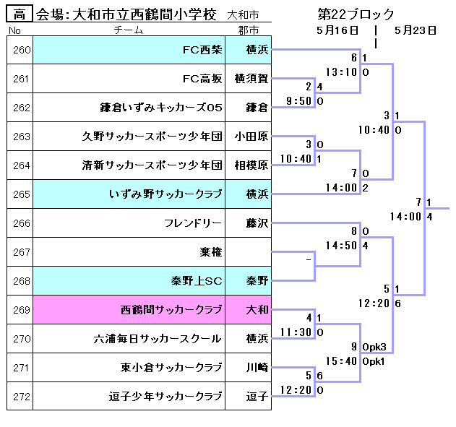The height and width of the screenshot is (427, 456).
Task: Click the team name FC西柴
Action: tap(202, 50)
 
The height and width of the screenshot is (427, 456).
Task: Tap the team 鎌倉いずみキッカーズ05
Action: tap(160, 108)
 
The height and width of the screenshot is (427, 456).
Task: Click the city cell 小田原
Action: tap(251, 137)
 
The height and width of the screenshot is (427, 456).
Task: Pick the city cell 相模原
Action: tap(251, 165)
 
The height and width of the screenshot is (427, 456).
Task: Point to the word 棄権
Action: tap(211, 252)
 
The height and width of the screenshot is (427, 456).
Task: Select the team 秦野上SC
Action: tap(197, 281)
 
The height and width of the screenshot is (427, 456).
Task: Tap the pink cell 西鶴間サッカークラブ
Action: tap(171, 310)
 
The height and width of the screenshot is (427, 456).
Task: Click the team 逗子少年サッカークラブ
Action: tap(165, 397)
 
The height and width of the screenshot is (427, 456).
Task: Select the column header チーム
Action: tap(128, 30)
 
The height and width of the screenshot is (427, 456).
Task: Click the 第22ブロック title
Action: tap(356, 14)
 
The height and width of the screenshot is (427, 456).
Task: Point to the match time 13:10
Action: tap(342, 72)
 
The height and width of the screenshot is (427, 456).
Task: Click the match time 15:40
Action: tap(342, 361)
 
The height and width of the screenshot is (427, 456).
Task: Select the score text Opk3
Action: tap(374, 346)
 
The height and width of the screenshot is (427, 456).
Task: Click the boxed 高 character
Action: tap(20, 14)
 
